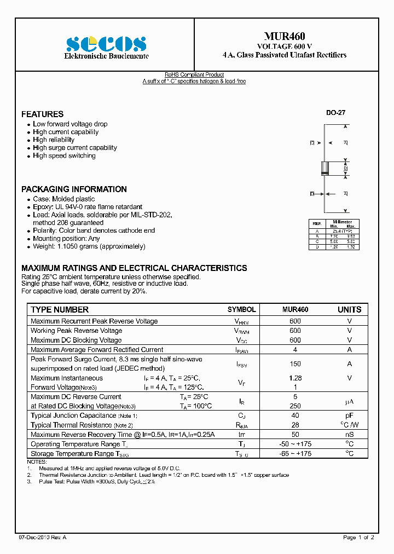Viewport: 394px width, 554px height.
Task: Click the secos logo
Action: coord(106,44)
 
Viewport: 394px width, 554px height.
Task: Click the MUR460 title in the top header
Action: coord(285,36)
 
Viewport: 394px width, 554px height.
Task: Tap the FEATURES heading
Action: coord(42,114)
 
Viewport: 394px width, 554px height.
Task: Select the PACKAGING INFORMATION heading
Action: coord(74,189)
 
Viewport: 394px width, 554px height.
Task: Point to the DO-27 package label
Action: coord(335,113)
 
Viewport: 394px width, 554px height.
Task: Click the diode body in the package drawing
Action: coord(325,168)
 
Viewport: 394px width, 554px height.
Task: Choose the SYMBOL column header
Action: coord(241,310)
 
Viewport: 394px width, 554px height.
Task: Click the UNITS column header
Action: coord(349,310)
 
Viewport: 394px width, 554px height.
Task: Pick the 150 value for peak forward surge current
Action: coord(295,363)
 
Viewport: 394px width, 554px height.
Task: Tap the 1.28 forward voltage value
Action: coord(295,378)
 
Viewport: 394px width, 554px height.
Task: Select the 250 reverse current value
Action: coord(295,406)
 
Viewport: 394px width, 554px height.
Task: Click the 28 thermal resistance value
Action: coord(295,425)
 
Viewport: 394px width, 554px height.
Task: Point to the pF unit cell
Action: coord(349,416)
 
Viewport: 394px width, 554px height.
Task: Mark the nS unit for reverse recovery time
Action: coord(349,435)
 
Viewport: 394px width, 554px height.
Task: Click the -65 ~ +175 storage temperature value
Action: coord(295,454)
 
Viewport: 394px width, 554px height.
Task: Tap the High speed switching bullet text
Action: coord(64,156)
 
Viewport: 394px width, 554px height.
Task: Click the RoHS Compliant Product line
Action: coord(194,75)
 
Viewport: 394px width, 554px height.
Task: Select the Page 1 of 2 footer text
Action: coord(358,538)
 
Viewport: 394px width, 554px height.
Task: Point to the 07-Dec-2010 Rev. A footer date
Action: coord(43,538)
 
